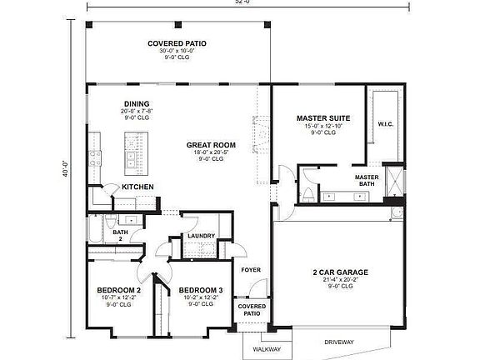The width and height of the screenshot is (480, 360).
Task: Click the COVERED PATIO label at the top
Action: tap(177, 42)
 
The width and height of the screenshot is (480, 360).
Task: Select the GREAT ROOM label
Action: tap(210, 145)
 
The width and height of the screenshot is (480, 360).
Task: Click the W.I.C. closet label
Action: tap(385, 124)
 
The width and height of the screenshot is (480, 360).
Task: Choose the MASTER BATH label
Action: tap(367, 181)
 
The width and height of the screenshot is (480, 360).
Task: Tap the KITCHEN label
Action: tap(137, 187)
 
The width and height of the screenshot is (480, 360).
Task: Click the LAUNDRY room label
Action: tap(201, 236)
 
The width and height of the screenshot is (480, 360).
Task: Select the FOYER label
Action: tap(251, 269)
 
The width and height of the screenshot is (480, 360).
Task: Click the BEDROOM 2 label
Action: tap(117, 290)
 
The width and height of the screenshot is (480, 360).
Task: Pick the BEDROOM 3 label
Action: tap(199, 290)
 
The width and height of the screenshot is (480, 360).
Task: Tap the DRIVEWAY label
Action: tap(340, 341)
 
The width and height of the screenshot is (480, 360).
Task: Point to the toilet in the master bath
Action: tap(307, 195)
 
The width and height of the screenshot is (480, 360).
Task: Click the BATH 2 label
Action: tap(120, 236)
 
